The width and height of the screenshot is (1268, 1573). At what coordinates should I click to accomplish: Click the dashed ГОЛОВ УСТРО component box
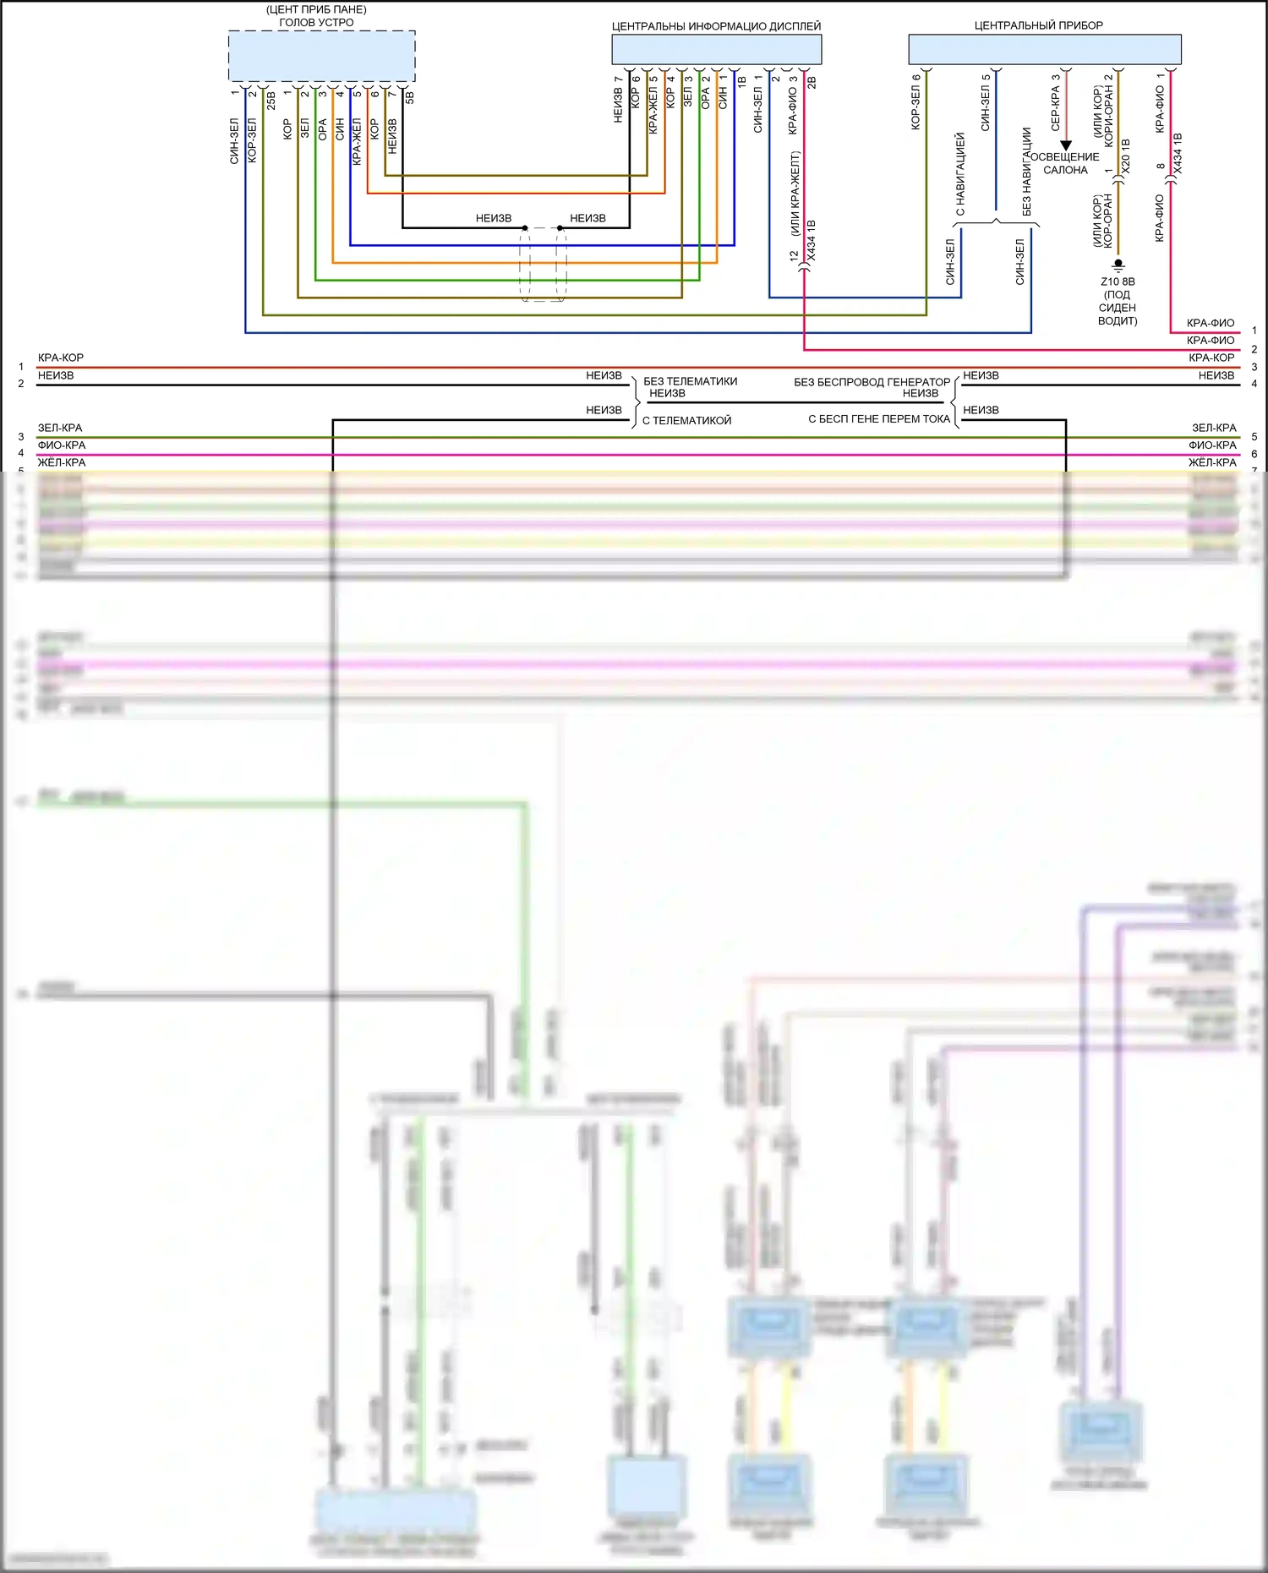pyautogui.click(x=321, y=57)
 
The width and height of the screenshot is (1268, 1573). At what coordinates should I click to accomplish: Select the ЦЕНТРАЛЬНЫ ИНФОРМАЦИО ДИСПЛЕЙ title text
pyautogui.click(x=716, y=26)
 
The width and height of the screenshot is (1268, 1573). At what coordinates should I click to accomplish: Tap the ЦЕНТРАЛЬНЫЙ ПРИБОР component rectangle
pyautogui.click(x=1044, y=49)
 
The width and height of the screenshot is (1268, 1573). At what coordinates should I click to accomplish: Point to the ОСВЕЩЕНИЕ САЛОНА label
pyautogui.click(x=1065, y=163)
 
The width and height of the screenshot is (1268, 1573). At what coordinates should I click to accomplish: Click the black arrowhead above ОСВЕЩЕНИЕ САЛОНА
pyautogui.click(x=1066, y=145)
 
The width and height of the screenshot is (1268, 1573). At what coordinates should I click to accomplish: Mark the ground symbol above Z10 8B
pyautogui.click(x=1118, y=265)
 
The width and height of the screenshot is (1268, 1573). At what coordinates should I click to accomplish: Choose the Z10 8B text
pyautogui.click(x=1118, y=281)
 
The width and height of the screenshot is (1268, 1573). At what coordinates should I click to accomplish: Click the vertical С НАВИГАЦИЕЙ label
pyautogui.click(x=960, y=173)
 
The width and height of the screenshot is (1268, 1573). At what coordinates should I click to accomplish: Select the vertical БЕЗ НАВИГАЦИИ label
pyautogui.click(x=1027, y=171)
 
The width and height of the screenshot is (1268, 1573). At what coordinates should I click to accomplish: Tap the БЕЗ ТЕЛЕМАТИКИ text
pyautogui.click(x=690, y=381)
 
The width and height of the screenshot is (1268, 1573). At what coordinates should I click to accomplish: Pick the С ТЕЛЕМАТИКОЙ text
pyautogui.click(x=686, y=420)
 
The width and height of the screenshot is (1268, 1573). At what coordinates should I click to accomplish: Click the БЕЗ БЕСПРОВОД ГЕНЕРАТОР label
pyautogui.click(x=872, y=382)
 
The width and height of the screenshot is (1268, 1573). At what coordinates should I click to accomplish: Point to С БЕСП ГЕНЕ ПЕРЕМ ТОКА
pyautogui.click(x=879, y=418)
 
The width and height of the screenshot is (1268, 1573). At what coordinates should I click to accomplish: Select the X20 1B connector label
pyautogui.click(x=1125, y=156)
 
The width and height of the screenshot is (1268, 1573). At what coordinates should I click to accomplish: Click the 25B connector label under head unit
pyautogui.click(x=271, y=101)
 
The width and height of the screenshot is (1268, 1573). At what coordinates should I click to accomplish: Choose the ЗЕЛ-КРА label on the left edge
pyautogui.click(x=60, y=428)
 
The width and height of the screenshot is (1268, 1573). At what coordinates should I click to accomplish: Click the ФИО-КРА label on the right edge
pyautogui.click(x=1212, y=445)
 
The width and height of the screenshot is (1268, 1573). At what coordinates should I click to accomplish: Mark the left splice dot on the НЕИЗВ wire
pyautogui.click(x=525, y=228)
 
